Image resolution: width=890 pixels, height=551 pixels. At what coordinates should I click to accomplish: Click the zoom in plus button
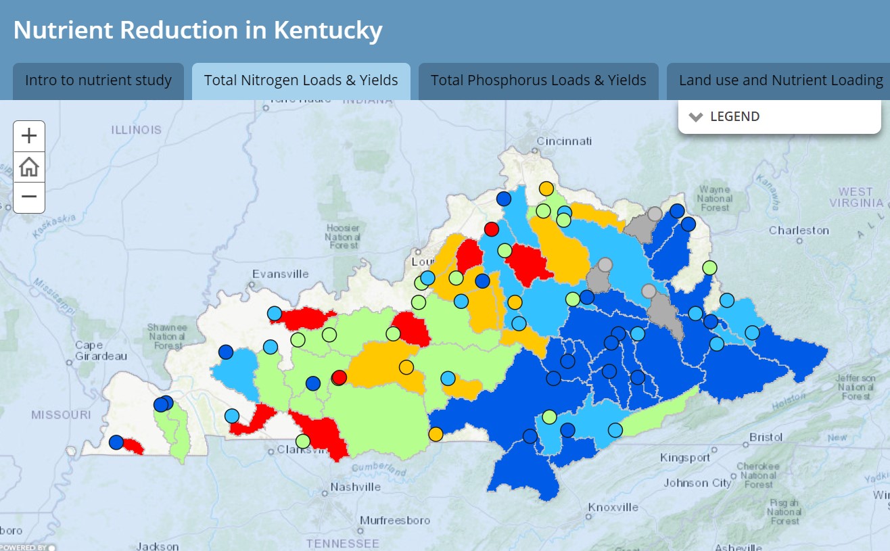(x=29, y=136)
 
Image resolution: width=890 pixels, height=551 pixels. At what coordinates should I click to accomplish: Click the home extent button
(x=29, y=166)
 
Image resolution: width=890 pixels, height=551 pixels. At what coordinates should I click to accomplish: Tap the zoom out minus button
(x=29, y=197)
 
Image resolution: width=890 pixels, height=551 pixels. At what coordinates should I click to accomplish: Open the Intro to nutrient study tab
(x=98, y=80)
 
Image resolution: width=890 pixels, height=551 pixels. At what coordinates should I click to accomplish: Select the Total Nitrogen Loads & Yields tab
(x=301, y=80)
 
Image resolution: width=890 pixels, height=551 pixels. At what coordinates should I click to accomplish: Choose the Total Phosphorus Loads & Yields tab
(x=538, y=80)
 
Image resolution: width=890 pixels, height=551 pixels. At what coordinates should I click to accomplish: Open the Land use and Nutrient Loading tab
(x=780, y=80)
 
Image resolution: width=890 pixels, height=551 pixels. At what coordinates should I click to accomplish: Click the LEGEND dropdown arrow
(x=696, y=117)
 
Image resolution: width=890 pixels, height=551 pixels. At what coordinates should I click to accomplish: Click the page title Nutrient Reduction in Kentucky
(x=197, y=30)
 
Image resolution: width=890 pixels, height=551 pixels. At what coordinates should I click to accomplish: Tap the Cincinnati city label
(x=564, y=141)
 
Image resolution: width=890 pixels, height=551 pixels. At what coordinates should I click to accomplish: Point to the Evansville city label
(x=280, y=274)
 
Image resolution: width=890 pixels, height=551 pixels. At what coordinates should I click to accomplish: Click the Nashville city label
(x=356, y=487)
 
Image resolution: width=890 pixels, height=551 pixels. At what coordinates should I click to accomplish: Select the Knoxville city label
(x=613, y=507)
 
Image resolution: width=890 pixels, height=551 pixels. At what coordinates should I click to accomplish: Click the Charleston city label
(x=799, y=231)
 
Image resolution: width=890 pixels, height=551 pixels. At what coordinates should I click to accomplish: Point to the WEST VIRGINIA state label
(x=856, y=197)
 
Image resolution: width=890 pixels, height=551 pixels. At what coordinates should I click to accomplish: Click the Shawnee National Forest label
(x=167, y=337)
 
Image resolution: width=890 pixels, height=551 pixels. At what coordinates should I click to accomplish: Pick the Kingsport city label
(x=685, y=458)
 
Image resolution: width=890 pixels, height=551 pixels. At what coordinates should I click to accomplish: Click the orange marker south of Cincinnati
(x=546, y=189)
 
